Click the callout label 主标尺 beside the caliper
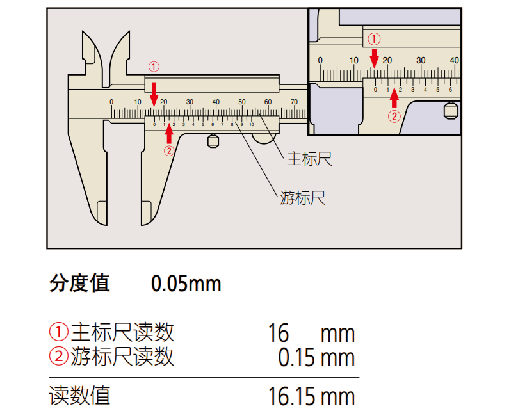[309, 159]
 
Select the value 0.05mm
[186, 283]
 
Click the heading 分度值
[79, 282]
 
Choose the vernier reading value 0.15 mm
[316, 357]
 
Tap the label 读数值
[79, 395]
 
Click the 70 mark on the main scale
[294, 102]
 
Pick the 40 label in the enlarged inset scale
[454, 60]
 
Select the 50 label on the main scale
[242, 102]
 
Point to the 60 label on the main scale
[268, 102]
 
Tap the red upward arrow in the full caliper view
[169, 133]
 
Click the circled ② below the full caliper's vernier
[169, 151]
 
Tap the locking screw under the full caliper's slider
[213, 141]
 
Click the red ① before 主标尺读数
[58, 332]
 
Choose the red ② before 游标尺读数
[58, 356]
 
